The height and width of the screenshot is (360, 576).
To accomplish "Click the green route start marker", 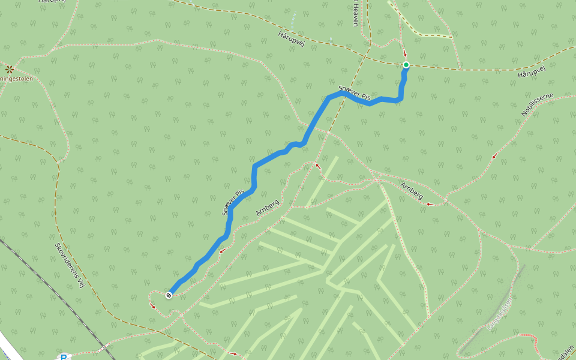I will tap(406, 65).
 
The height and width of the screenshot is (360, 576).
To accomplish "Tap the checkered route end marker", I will tap(169, 295).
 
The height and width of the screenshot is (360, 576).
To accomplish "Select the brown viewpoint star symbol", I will tap(10, 69).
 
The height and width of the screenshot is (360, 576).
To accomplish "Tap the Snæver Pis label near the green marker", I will tap(355, 93).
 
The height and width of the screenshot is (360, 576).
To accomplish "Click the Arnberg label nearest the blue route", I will tap(268, 208).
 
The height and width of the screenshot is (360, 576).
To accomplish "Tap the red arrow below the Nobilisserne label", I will tap(494, 157).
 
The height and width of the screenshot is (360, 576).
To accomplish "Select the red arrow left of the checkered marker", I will tap(152, 306).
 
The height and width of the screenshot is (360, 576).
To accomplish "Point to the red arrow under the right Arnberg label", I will tap(429, 204).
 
